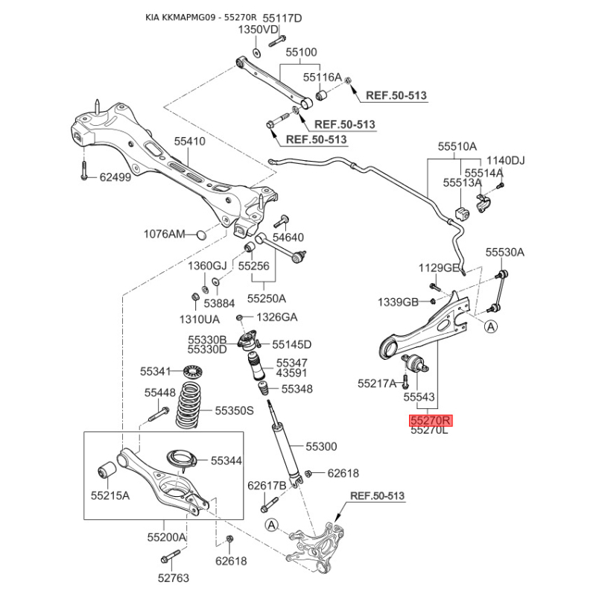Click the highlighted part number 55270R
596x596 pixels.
[430, 421]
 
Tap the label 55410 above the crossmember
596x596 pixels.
[190, 142]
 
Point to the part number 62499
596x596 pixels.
[115, 177]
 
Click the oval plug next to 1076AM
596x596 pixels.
[201, 235]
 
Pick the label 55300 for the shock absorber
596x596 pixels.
[321, 446]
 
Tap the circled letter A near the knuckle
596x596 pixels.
[271, 525]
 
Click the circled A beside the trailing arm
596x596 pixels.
[491, 326]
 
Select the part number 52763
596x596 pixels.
[174, 578]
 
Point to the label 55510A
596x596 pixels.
[457, 146]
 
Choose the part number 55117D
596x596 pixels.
[282, 18]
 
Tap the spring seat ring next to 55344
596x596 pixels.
[183, 460]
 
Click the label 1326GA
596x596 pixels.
[276, 317]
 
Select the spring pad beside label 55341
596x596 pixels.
[192, 370]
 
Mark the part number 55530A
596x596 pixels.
[505, 252]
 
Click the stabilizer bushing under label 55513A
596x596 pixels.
[462, 214]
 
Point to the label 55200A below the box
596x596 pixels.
[167, 537]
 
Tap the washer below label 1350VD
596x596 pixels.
[257, 53]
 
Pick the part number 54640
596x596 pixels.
[288, 238]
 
